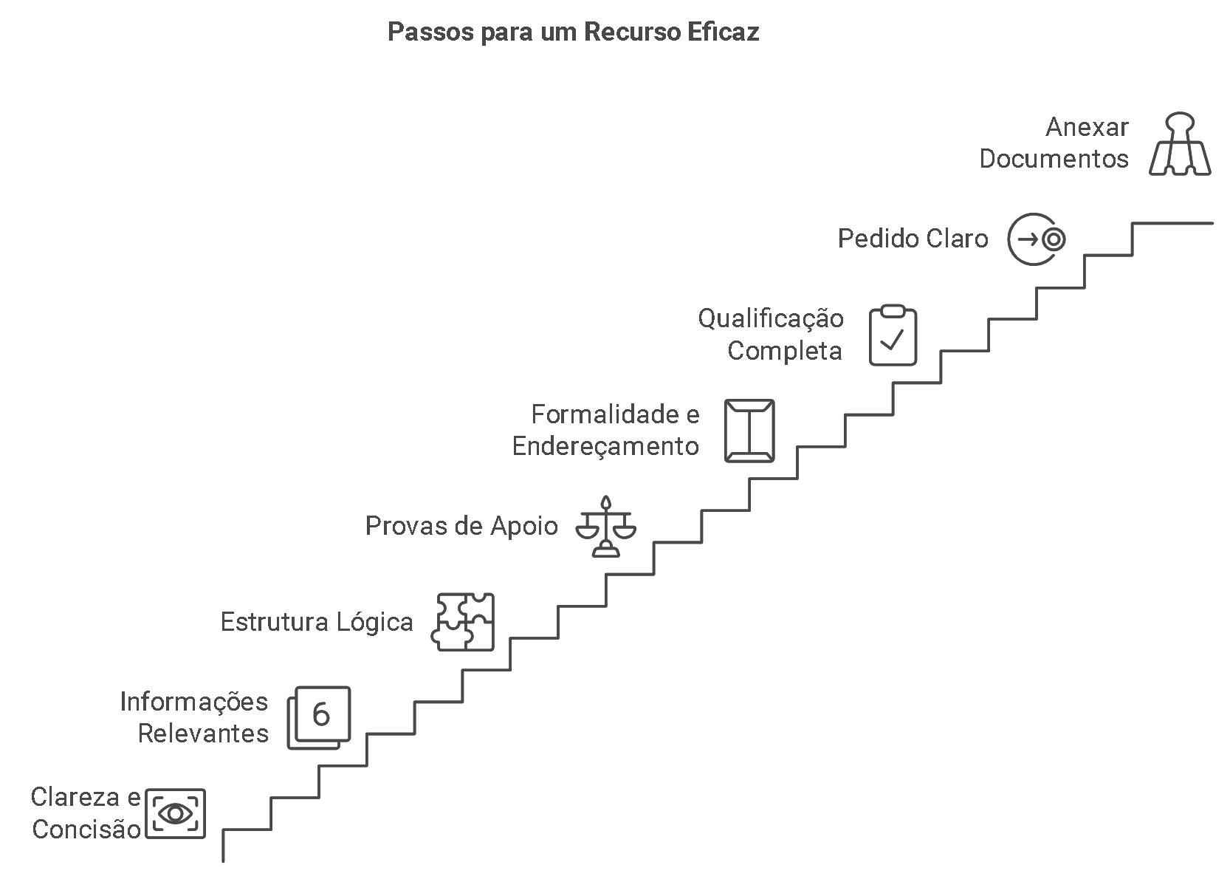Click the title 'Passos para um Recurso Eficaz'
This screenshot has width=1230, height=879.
tap(573, 33)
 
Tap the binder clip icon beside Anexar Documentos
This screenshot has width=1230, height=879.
tap(1180, 144)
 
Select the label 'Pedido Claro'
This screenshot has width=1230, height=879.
tap(913, 239)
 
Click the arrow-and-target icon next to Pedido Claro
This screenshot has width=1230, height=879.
tap(1037, 239)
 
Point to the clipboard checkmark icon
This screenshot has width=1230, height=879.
tap(893, 335)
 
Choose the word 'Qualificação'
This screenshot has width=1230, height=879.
tap(771, 318)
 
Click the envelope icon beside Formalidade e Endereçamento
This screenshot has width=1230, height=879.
tap(749, 431)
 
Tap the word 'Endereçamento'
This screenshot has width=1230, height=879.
tap(605, 446)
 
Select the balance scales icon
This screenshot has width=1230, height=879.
tap(605, 526)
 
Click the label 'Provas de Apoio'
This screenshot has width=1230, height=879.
tap(461, 526)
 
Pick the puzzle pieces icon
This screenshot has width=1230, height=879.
tap(463, 621)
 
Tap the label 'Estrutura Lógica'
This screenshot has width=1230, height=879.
tap(317, 622)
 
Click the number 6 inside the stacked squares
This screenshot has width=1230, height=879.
tap(321, 714)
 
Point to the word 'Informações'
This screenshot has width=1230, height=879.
tap(194, 702)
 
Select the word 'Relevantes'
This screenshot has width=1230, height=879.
tap(203, 733)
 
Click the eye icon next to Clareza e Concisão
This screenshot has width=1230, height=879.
tap(175, 813)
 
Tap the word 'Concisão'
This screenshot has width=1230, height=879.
tap(86, 830)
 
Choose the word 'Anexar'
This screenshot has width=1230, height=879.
tap(1087, 127)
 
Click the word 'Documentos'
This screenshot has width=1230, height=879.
tap(1054, 159)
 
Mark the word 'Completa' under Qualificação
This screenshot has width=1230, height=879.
tap(784, 350)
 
